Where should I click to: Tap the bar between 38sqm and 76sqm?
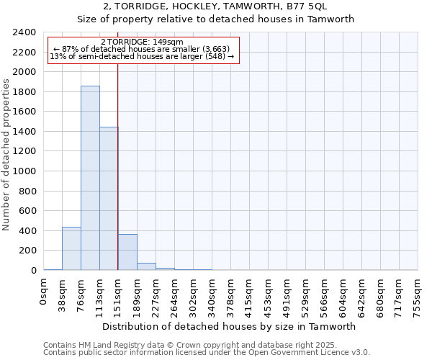(x=71, y=248)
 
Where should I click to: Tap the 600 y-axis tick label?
(x=29, y=211)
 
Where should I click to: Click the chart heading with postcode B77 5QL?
(x=215, y=6)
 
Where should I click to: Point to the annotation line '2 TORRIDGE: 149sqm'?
(x=142, y=42)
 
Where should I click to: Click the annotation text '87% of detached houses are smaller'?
(x=141, y=49)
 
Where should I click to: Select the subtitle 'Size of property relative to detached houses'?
(x=215, y=19)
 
